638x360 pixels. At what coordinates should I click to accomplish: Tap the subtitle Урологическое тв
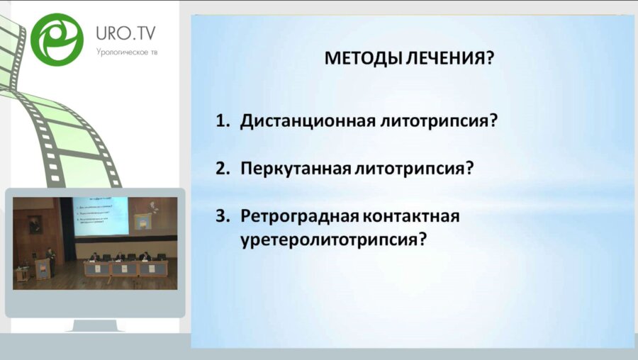click(127, 52)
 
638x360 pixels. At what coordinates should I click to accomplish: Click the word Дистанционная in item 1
click(307, 120)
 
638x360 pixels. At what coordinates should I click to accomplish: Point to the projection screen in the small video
click(101, 217)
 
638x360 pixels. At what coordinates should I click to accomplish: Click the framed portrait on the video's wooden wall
click(33, 225)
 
